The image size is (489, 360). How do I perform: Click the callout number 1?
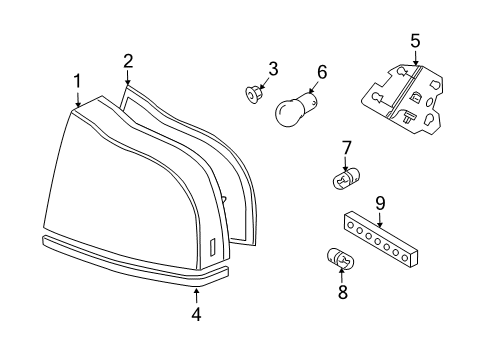[77, 82]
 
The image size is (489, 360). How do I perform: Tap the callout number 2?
[128, 61]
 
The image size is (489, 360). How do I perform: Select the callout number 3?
[273, 69]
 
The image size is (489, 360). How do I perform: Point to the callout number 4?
[197, 314]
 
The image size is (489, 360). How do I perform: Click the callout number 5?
[415, 41]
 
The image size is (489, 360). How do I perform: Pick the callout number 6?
[322, 72]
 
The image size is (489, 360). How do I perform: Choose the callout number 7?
[346, 148]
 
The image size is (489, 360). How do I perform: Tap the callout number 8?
[343, 292]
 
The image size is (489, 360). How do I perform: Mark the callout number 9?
[380, 203]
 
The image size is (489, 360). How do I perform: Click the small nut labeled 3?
[252, 94]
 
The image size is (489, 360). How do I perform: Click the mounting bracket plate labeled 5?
[403, 99]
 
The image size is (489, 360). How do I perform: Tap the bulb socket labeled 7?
[347, 179]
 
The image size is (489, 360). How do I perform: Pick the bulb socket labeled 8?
[340, 258]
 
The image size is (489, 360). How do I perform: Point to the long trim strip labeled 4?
[135, 262]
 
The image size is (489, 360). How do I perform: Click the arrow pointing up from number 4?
[197, 296]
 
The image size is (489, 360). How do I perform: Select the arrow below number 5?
[415, 57]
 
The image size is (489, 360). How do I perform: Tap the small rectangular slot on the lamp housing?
[212, 247]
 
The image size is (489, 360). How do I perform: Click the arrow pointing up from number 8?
[341, 275]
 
